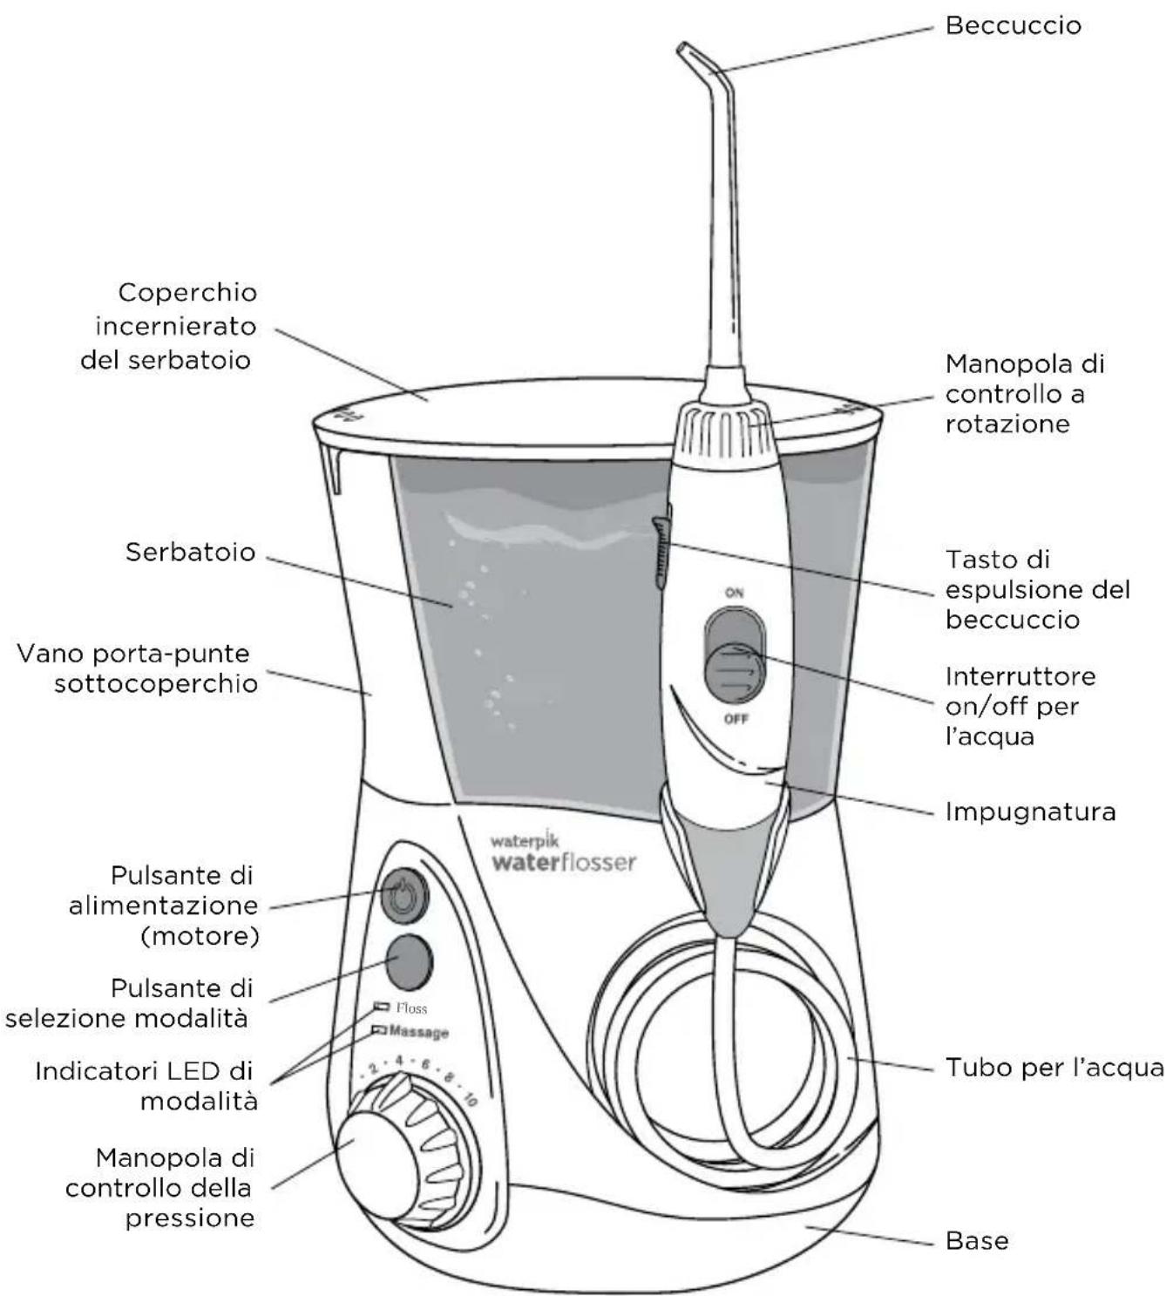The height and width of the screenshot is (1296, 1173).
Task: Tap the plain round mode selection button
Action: click(x=408, y=960)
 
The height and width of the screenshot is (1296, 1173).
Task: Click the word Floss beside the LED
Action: click(x=411, y=1008)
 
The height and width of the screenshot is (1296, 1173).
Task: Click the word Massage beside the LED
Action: click(x=418, y=1032)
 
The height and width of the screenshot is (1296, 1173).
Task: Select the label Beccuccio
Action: click(x=1013, y=25)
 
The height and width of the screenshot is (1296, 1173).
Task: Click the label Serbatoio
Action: click(x=190, y=552)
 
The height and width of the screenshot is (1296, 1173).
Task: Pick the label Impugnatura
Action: click(x=1030, y=812)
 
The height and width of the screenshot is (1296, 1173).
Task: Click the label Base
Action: click(x=977, y=1240)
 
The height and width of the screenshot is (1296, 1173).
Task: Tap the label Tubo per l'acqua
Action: click(x=1054, y=1068)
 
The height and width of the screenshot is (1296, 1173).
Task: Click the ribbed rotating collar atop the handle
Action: click(x=720, y=428)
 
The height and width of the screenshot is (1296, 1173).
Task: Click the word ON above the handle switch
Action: click(x=735, y=593)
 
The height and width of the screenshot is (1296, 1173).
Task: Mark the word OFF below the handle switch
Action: click(x=736, y=719)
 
